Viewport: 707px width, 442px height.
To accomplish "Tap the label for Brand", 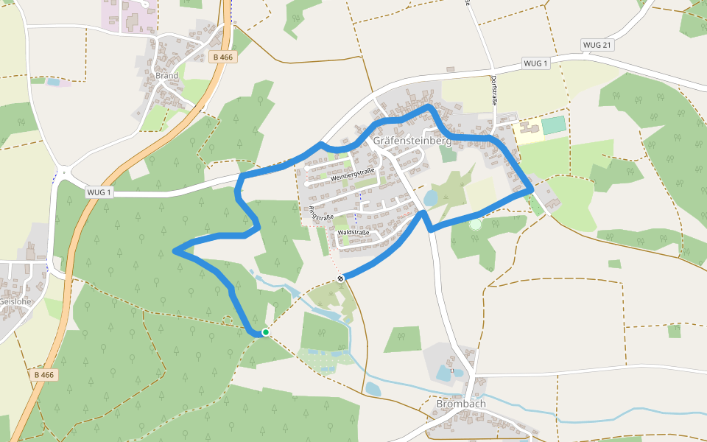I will [x=167, y=75].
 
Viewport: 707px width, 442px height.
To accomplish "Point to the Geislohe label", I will [x=15, y=301].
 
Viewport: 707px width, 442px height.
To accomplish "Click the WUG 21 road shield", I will [x=597, y=45].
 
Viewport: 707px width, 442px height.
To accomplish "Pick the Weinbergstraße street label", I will [x=353, y=175].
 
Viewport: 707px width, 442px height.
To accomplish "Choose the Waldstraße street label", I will [x=353, y=232].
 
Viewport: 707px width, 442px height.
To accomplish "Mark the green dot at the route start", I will [x=265, y=332].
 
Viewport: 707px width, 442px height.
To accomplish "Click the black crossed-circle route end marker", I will [x=340, y=278].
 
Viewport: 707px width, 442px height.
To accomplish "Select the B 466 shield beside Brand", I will [x=223, y=57].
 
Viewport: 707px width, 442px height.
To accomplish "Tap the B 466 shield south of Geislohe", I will [x=44, y=375].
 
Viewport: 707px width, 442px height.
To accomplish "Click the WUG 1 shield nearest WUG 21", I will [x=535, y=63].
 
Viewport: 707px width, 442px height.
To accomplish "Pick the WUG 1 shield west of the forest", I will [x=99, y=192].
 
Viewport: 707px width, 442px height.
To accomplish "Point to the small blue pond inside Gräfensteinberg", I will [x=431, y=197].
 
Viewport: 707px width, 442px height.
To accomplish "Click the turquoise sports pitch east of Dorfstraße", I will [x=554, y=124].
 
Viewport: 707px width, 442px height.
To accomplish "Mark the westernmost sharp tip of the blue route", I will [x=175, y=251].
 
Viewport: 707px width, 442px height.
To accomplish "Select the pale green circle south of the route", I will [x=475, y=223].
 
